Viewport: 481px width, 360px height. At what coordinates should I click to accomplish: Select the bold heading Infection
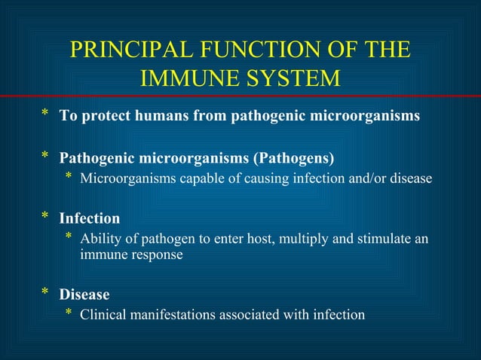90,219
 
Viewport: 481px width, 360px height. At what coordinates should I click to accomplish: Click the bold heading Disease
84,294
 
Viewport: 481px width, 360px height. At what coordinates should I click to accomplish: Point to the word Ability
100,239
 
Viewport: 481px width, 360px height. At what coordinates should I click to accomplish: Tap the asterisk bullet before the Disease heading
45,293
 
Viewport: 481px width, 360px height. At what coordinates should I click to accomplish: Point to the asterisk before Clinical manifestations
69,313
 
